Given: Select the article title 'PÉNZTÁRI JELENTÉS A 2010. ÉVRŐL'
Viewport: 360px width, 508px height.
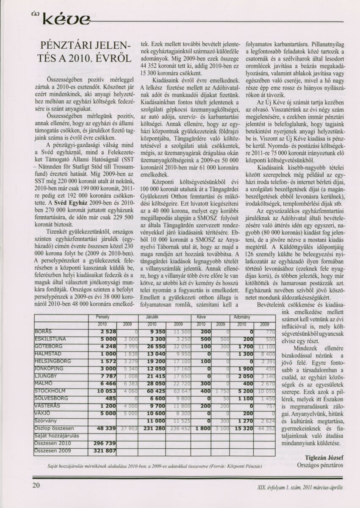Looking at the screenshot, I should point(88,52).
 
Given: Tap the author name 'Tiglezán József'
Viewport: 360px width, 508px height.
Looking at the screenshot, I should point(324,457).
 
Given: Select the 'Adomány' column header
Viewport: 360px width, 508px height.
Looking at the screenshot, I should point(241,316).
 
